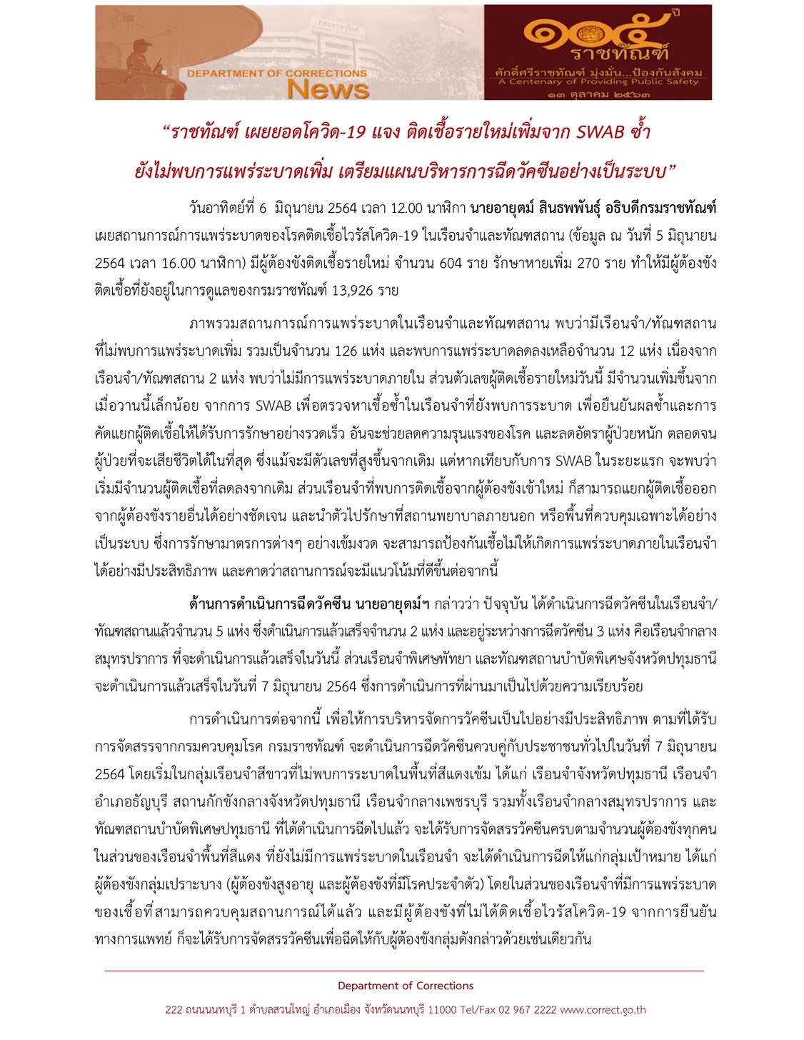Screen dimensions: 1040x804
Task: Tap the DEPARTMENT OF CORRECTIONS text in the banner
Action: click(277, 73)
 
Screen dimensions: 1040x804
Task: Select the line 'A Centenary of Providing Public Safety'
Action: click(599, 81)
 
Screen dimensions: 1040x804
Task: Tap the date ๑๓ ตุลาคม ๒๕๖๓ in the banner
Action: click(599, 94)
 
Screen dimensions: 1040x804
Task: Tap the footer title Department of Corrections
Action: click(405, 986)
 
